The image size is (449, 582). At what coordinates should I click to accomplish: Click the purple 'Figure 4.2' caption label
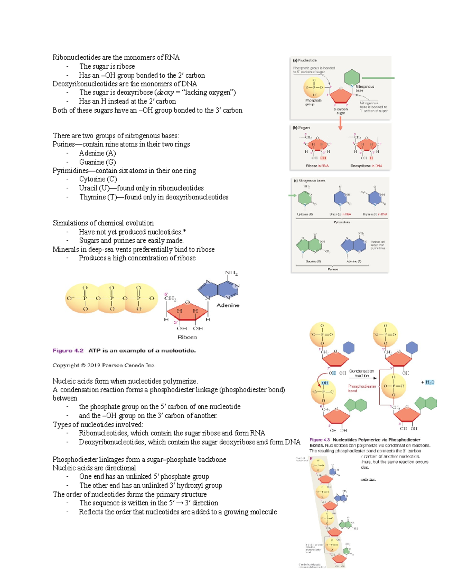(x=68, y=351)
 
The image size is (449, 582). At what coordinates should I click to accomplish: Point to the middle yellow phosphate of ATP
(x=112, y=298)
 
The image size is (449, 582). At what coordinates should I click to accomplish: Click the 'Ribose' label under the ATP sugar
(x=187, y=337)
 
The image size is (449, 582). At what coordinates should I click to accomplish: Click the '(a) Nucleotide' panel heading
(x=305, y=60)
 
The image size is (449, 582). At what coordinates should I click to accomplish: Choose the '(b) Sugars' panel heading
(x=302, y=128)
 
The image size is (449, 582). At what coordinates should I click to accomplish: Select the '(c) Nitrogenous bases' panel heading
(x=309, y=181)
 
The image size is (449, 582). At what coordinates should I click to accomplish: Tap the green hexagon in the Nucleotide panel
(x=352, y=77)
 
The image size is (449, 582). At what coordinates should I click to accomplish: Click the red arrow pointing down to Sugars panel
(x=340, y=123)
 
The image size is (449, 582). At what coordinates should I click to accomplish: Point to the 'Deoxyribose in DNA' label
(x=366, y=166)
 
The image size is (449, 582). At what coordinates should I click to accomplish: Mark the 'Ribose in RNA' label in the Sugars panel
(x=317, y=166)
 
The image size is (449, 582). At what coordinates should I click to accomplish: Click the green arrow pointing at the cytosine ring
(x=292, y=195)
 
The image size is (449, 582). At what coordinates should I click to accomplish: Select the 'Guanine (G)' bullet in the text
(x=97, y=162)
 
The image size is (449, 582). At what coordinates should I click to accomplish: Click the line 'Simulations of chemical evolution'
(x=103, y=223)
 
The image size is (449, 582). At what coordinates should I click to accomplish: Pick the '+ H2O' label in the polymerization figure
(x=428, y=382)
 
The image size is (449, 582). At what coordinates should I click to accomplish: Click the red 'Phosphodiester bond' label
(x=362, y=388)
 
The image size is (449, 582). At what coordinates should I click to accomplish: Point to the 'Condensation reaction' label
(x=361, y=373)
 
